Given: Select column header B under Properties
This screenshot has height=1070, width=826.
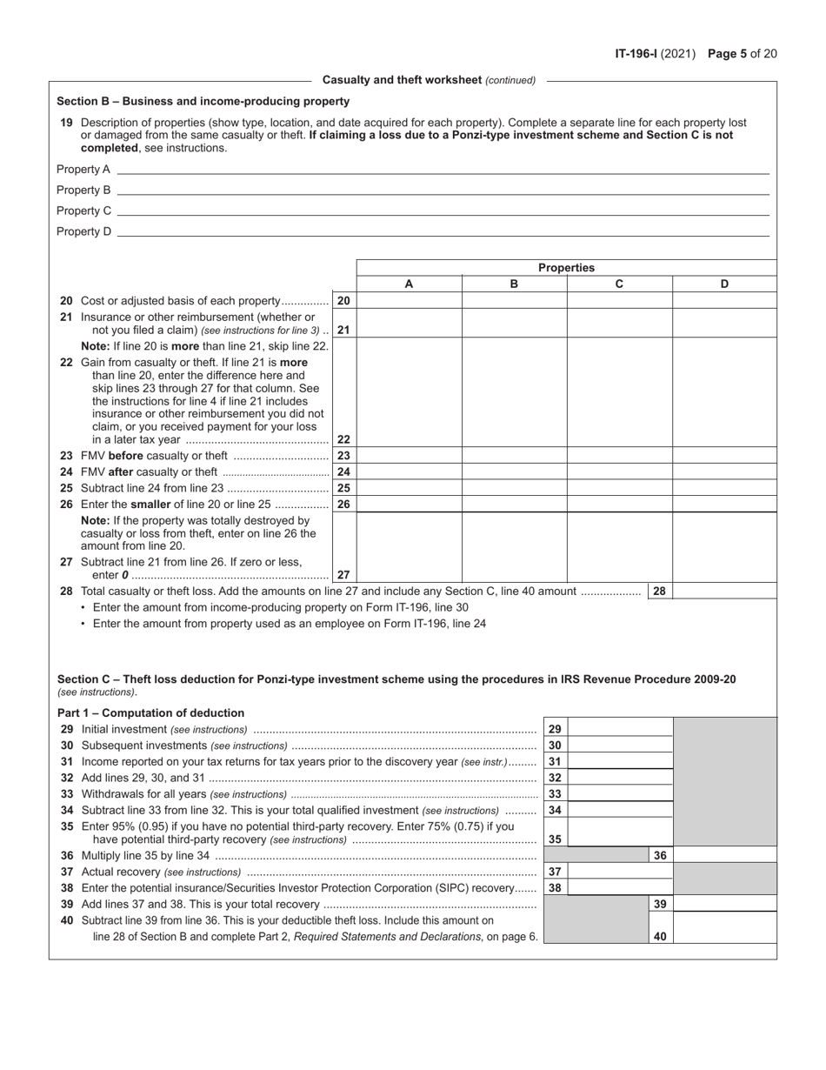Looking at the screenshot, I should click(x=514, y=284).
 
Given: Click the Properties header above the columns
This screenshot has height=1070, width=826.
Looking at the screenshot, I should click(x=566, y=268).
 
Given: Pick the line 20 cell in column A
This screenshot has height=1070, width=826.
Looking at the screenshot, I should click(x=409, y=301).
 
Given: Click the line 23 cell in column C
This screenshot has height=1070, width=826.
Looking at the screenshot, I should click(x=619, y=456).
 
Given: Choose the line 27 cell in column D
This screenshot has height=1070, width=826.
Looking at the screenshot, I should click(x=724, y=565).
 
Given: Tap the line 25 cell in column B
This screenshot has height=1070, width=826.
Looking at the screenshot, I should click(x=514, y=488).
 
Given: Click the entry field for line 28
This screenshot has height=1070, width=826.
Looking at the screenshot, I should click(x=724, y=592).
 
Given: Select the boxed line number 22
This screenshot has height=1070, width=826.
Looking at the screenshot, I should click(x=343, y=439).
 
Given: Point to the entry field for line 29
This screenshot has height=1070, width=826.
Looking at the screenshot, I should click(x=621, y=729).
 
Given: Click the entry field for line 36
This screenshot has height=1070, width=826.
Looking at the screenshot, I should click(x=724, y=856).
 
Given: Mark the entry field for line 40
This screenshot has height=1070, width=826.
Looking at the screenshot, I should click(x=724, y=936).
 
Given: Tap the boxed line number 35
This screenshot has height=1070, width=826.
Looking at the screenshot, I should click(x=555, y=839).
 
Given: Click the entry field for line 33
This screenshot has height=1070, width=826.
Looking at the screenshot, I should click(x=621, y=793).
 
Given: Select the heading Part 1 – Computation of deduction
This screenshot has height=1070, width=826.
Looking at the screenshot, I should click(x=151, y=712).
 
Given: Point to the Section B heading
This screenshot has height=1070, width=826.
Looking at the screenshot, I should click(x=203, y=101).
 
